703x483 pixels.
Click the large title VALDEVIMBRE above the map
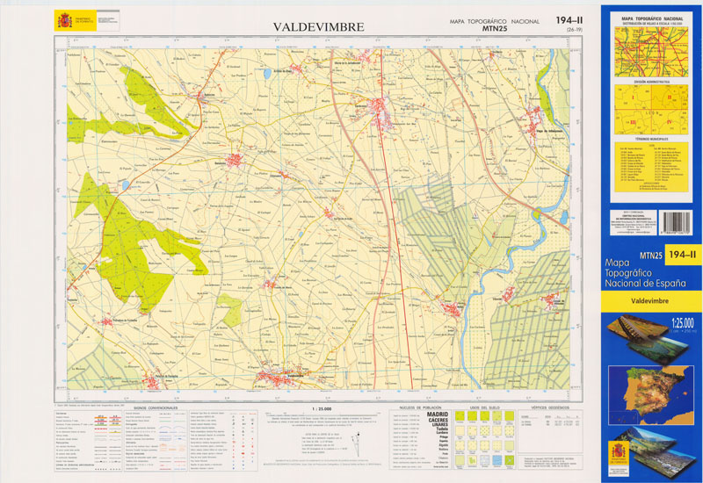318,27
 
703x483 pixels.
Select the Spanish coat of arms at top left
64,20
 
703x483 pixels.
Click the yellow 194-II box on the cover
682,255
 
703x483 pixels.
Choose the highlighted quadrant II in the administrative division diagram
669,97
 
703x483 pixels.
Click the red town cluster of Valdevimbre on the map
275,378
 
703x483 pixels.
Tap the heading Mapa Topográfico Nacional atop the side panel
651,18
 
